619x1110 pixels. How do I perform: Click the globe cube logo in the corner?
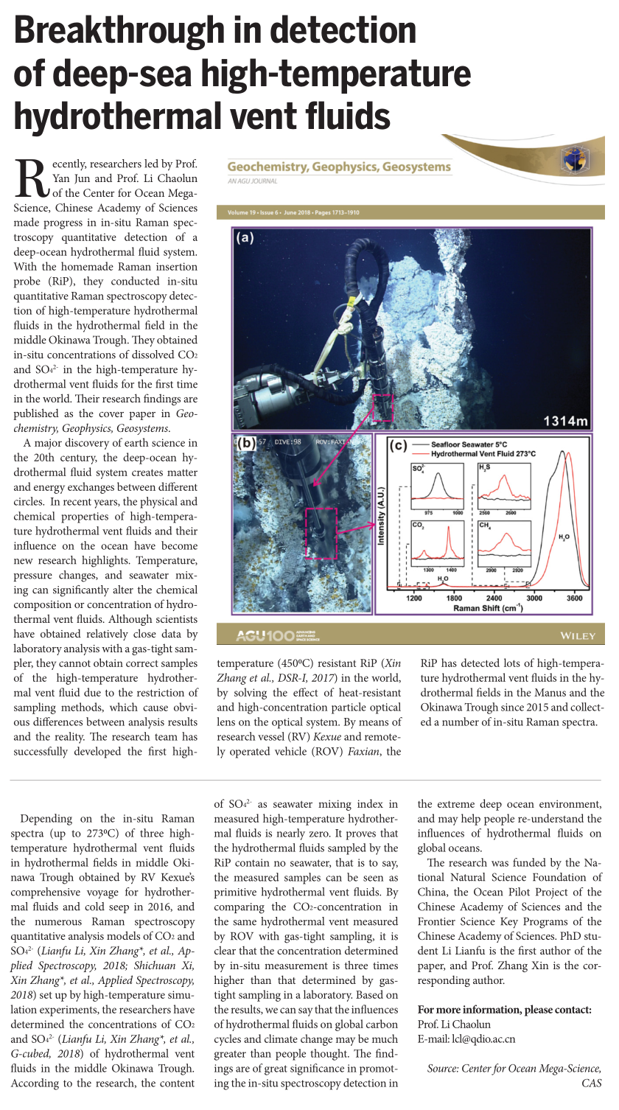(x=571, y=158)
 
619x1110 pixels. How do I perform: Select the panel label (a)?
(x=245, y=239)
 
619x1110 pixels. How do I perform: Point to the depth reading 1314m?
(x=565, y=422)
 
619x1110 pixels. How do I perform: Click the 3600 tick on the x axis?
(x=574, y=598)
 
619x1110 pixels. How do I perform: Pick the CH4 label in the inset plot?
(x=486, y=525)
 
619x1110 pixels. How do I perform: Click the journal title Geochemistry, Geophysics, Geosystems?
(x=339, y=167)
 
